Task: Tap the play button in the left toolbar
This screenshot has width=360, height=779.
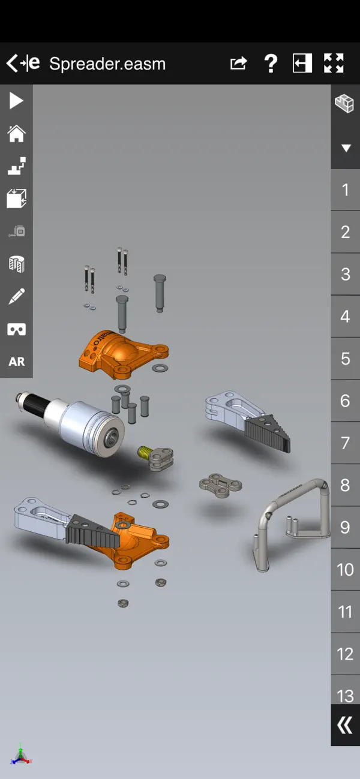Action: [x=16, y=101]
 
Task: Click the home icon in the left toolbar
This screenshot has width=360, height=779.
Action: [x=16, y=133]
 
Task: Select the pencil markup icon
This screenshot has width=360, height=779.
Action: [x=16, y=296]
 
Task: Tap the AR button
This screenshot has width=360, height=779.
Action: [x=16, y=362]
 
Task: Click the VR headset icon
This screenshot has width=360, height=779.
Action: [x=16, y=329]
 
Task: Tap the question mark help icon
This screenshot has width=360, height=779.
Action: [x=271, y=63]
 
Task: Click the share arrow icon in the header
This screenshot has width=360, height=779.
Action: [x=239, y=63]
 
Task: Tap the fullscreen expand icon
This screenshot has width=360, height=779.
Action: [x=334, y=63]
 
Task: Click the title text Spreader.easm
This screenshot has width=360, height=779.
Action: [x=107, y=64]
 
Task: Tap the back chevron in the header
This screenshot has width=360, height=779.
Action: [x=12, y=63]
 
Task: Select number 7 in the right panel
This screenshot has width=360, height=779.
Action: [x=345, y=443]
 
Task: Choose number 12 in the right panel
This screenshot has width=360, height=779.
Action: [x=345, y=654]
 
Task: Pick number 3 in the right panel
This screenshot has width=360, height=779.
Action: [x=345, y=275]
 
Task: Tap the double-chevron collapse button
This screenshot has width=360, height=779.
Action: [x=345, y=726]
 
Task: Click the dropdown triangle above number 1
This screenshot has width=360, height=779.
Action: [x=346, y=148]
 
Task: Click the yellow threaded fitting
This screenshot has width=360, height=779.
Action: [x=145, y=452]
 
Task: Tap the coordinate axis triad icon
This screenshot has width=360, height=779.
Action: [x=20, y=755]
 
